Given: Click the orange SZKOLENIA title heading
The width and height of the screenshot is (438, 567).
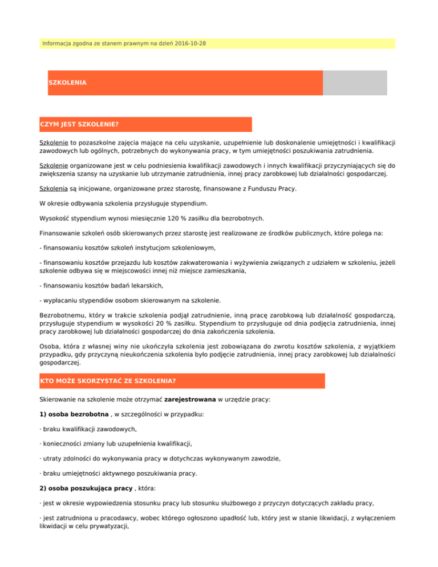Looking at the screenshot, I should click(67, 83).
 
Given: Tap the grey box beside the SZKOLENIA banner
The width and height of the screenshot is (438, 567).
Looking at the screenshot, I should click(355, 83).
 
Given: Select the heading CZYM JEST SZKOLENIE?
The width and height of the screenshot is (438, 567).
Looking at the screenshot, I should click(79, 124).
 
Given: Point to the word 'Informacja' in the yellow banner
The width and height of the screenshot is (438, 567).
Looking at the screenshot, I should click(58, 43).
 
